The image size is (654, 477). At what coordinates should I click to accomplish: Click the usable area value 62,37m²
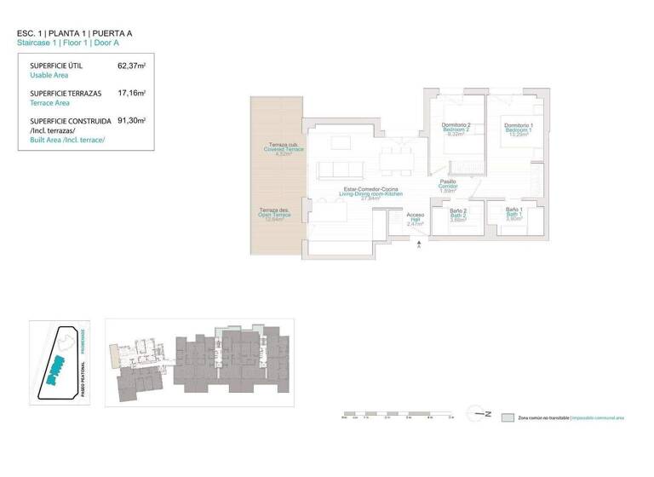pyautogui.click(x=131, y=66)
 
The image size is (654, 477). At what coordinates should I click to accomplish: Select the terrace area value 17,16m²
pyautogui.click(x=131, y=94)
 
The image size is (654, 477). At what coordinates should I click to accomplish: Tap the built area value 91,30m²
pyautogui.click(x=131, y=122)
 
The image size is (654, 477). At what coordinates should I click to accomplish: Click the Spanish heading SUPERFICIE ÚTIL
pyautogui.click(x=55, y=66)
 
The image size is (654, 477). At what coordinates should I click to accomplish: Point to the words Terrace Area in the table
pyautogui.click(x=49, y=102)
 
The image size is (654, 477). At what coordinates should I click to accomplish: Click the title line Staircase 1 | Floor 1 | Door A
pyautogui.click(x=75, y=42)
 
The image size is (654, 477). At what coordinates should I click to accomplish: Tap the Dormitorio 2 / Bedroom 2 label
pyautogui.click(x=456, y=129)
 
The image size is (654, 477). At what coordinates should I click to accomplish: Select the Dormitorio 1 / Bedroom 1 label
pyautogui.click(x=519, y=129)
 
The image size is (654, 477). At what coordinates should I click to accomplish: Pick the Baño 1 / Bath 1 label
pyautogui.click(x=514, y=214)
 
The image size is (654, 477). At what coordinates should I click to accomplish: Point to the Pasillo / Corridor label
pyautogui.click(x=448, y=186)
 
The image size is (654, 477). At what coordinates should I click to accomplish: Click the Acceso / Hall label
pyautogui.click(x=416, y=219)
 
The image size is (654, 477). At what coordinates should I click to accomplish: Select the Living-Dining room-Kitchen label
pyautogui.click(x=371, y=193)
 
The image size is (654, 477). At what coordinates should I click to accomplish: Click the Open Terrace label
pyautogui.click(x=275, y=215)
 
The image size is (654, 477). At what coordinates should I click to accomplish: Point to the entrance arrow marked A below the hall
pyautogui.click(x=420, y=246)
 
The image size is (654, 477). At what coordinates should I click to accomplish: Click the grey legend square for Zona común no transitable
pyautogui.click(x=508, y=418)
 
